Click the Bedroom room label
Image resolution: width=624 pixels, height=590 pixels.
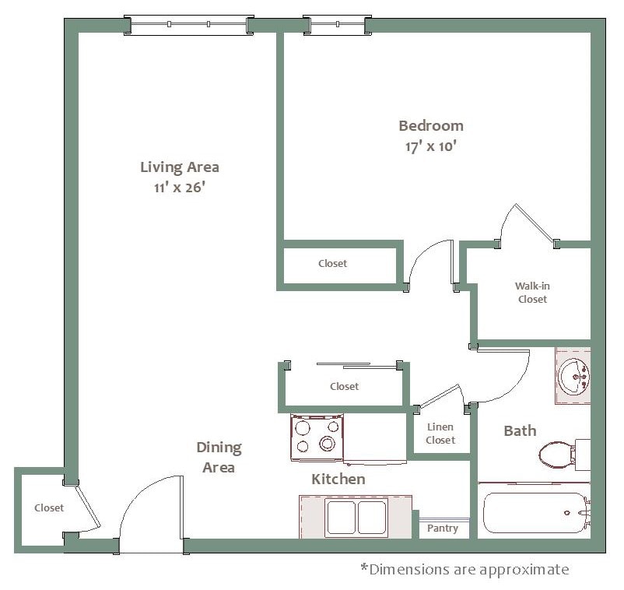[x=431, y=125]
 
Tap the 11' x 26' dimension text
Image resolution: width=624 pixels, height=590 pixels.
[x=179, y=188]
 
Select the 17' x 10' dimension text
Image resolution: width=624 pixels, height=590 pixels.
[x=431, y=146]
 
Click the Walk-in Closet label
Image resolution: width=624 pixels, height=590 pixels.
[x=532, y=293]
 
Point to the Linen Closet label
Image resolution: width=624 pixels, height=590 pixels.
[x=440, y=434]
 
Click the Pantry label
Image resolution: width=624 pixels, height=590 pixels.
[x=443, y=529]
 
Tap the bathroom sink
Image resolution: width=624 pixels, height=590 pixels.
[x=574, y=377]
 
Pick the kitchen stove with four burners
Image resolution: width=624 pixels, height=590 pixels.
[x=317, y=437]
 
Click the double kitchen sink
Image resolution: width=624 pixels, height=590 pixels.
[x=356, y=518]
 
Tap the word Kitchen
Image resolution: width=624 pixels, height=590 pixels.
[x=338, y=479]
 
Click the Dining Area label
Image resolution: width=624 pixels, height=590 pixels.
[x=219, y=458]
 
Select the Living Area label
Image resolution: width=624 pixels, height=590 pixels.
[x=179, y=167]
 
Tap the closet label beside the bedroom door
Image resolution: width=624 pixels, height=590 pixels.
[x=332, y=264]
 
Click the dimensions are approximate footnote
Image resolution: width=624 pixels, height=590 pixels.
[x=464, y=569]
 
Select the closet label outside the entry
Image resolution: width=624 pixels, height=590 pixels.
[x=49, y=507]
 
